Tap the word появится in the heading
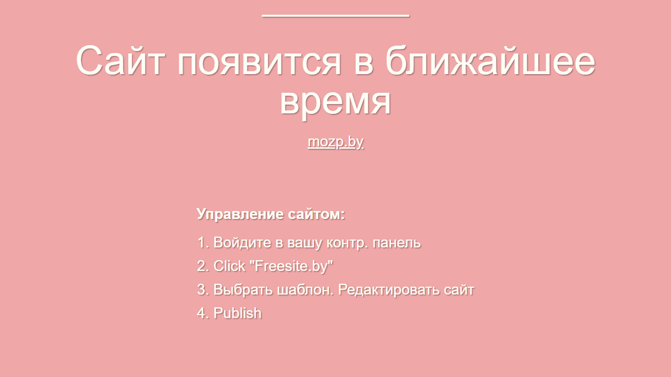tap(259, 63)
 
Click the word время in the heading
tap(335, 103)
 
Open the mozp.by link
tap(335, 142)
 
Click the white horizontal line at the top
tap(335, 16)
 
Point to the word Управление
tap(240, 215)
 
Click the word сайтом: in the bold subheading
tap(316, 214)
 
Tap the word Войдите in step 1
tap(242, 242)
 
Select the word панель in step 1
tap(396, 243)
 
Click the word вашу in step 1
tap(305, 243)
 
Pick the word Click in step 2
tap(229, 266)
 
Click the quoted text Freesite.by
tap(291, 266)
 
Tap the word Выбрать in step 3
tap(243, 290)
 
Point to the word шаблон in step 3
tap(304, 290)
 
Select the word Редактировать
tap(389, 290)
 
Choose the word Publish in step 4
tap(237, 313)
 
